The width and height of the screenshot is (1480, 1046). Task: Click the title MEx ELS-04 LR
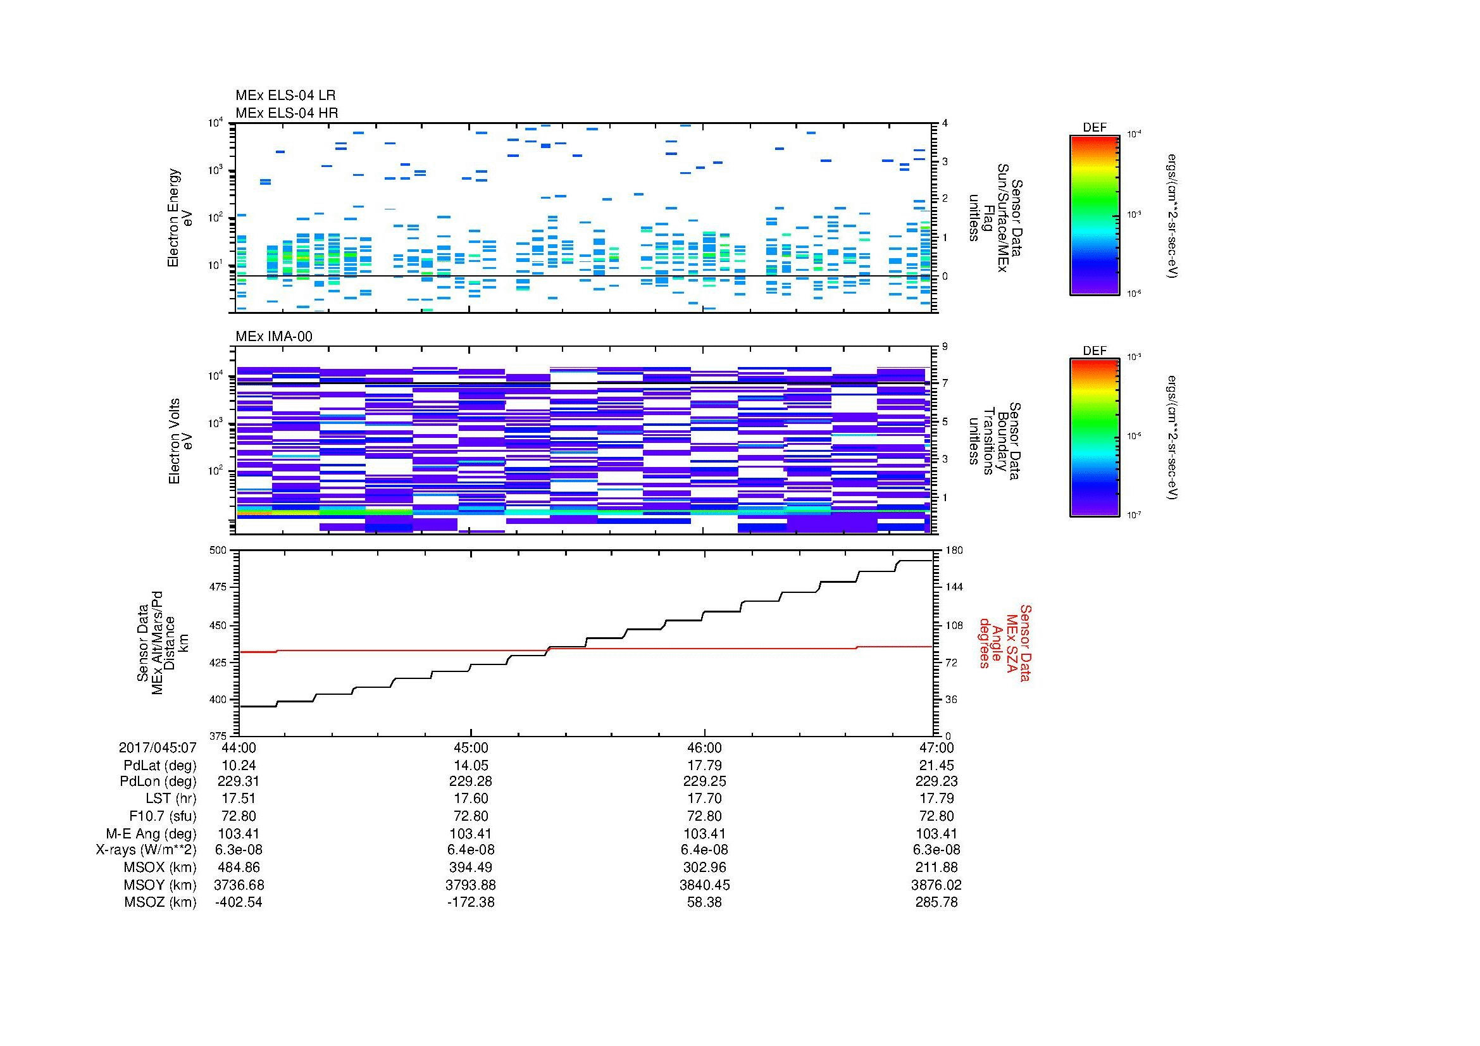[285, 96]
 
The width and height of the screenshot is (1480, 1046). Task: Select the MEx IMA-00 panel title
[274, 337]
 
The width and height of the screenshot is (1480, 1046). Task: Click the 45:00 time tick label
[471, 748]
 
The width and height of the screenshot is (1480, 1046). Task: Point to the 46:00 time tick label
[704, 748]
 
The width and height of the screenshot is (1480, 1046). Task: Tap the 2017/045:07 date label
[158, 748]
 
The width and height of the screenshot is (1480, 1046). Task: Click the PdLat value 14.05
[471, 766]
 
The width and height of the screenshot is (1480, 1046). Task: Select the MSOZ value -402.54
[239, 902]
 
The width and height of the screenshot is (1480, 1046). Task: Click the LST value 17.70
[704, 799]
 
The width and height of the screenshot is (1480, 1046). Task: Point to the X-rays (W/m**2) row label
[146, 850]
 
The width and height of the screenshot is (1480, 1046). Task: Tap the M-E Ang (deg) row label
[151, 834]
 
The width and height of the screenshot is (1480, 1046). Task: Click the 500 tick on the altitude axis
[219, 551]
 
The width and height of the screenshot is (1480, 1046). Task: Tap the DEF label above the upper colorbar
[1095, 128]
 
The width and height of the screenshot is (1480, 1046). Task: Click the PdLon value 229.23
[936, 781]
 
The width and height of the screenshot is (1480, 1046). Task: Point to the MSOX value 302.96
[704, 868]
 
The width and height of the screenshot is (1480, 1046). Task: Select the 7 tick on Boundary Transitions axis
[945, 383]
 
